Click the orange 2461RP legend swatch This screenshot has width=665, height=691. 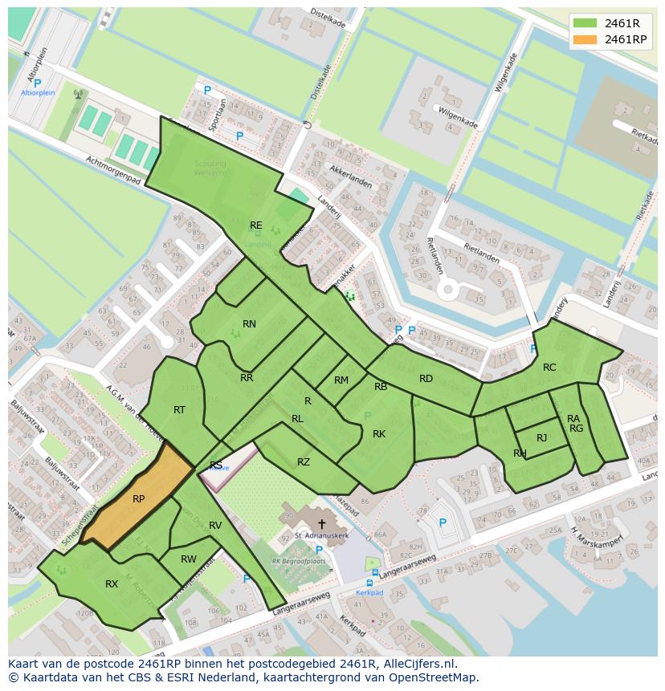pos(585,39)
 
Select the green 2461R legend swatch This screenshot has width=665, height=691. pos(585,22)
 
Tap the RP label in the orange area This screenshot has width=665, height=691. pos(138,499)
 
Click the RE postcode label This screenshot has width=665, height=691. pos(255,226)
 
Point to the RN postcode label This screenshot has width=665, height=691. pos(249,324)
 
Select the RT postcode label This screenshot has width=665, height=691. pos(179,410)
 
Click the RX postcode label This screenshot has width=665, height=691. pos(112,584)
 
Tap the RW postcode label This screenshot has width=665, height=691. pos(189,559)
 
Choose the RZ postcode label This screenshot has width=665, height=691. pos(303,461)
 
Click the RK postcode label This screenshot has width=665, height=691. pos(379,434)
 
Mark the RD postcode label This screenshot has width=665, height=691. pos(426,379)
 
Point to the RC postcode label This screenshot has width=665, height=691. pos(549,368)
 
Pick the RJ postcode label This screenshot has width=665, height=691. pos(541,437)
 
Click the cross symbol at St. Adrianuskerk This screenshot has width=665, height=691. pos(322,523)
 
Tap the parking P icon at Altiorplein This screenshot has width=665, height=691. pos(37,83)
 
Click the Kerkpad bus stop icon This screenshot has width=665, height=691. pos(370,583)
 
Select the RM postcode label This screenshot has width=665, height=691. pos(341,380)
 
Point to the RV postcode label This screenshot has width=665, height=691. pos(215,526)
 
